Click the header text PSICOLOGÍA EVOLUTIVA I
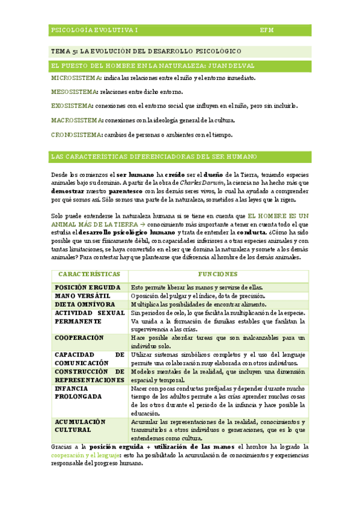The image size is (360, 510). coord(94,29)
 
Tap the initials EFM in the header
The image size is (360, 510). coord(267,29)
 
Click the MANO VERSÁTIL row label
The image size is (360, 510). coord(83,296)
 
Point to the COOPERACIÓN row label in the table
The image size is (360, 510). coord(79,338)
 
